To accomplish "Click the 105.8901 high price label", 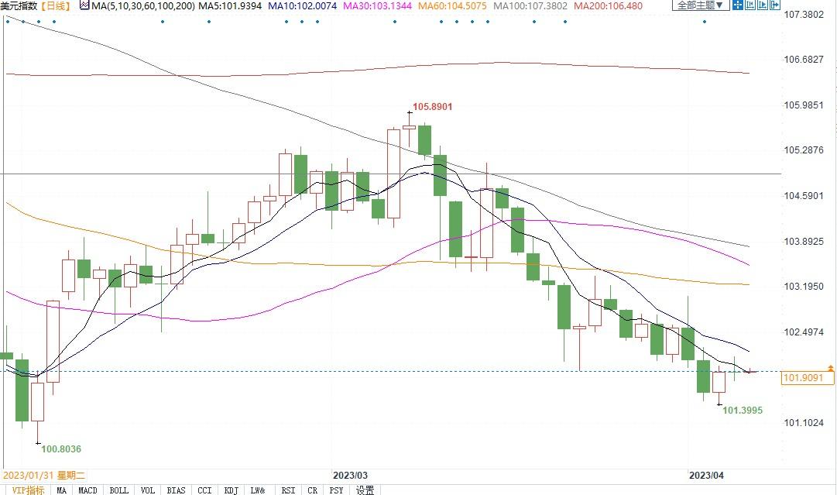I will point(432,107).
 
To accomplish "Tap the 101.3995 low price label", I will point(743,410).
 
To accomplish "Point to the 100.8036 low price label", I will point(61,449).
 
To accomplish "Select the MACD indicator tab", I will point(87,490).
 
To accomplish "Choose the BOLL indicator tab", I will point(118,490).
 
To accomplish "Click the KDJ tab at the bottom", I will point(231,490).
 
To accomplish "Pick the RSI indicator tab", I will point(288,490).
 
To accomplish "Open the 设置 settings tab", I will point(365,490).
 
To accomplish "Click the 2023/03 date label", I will point(350,474).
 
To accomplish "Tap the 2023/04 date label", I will point(706,474).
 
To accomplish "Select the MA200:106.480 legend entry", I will point(607,6).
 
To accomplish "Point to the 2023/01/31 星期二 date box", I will point(43,474).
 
